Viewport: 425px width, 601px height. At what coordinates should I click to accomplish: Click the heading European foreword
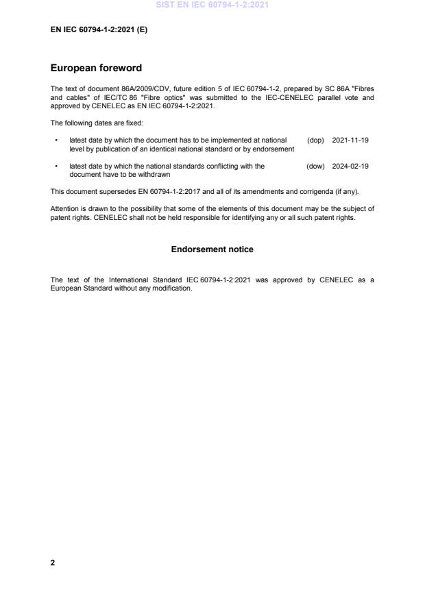[x=96, y=68]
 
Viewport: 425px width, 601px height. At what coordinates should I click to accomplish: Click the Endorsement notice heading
[x=212, y=249]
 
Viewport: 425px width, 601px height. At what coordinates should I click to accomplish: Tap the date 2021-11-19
[x=350, y=140]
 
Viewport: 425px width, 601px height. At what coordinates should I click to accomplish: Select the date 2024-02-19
[x=350, y=166]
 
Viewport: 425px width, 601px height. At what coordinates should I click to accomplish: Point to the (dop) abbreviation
[x=315, y=140]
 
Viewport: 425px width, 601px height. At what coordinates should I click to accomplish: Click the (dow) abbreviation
[x=315, y=166]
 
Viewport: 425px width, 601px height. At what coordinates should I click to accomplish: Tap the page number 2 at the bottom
[x=53, y=563]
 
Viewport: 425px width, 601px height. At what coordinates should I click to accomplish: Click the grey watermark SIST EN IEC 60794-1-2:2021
[x=212, y=5]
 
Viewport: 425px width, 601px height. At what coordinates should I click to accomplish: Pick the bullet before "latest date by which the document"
[x=55, y=140]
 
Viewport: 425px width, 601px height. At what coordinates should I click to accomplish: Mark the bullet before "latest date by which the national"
[x=55, y=166]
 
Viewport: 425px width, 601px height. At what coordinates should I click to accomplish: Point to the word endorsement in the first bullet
[x=274, y=148]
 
